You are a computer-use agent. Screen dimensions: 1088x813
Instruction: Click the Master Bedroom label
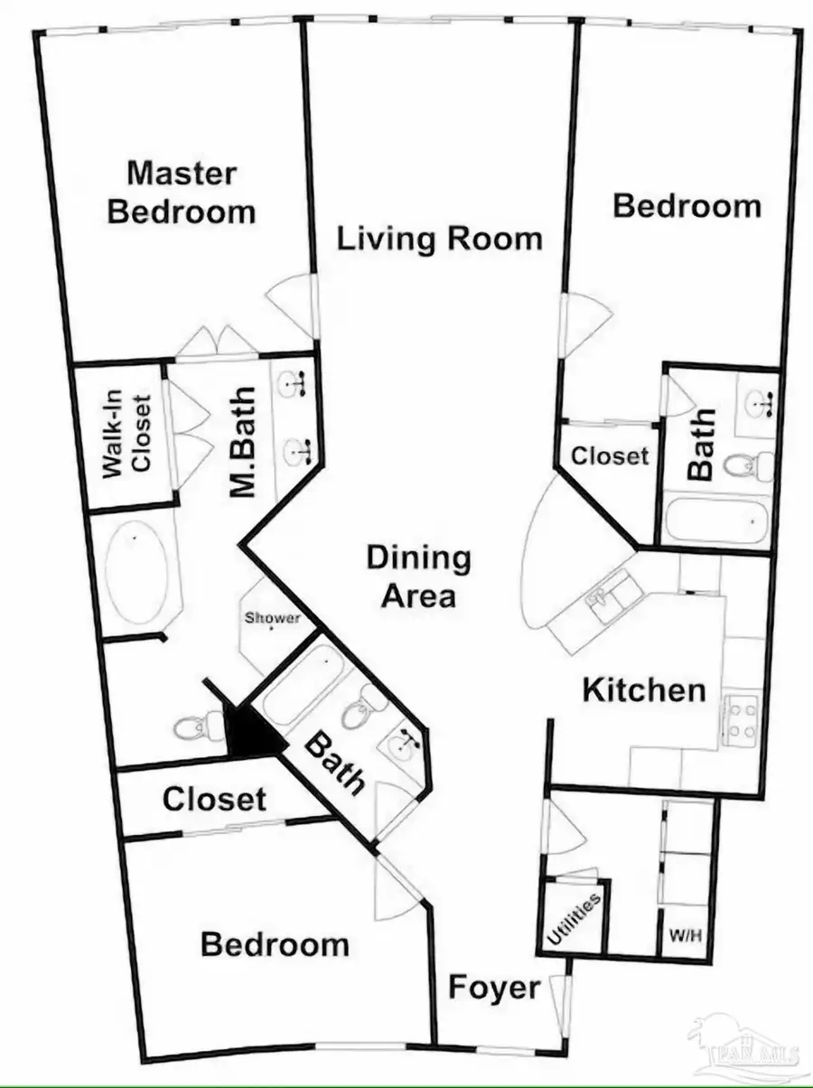[x=181, y=192]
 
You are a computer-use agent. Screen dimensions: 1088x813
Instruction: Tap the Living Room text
[x=440, y=239]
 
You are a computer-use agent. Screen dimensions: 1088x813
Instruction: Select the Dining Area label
[x=418, y=577]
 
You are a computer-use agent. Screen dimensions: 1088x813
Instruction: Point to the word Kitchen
[x=643, y=691]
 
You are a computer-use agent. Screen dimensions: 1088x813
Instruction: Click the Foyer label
[x=493, y=987]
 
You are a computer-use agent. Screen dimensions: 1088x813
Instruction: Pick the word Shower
[x=272, y=619]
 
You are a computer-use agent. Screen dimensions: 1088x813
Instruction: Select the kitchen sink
[x=600, y=598]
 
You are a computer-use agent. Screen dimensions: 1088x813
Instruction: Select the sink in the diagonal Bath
[x=402, y=746]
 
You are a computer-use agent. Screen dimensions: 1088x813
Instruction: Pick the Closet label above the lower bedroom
[x=214, y=799]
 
